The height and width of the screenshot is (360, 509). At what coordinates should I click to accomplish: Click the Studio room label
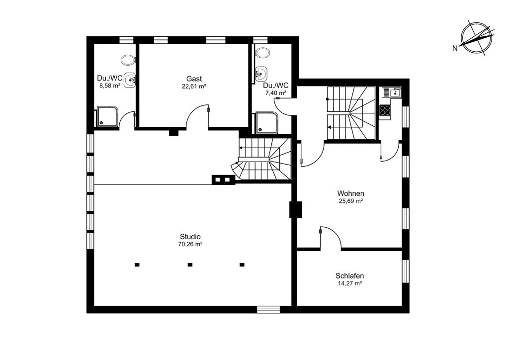click(x=190, y=237)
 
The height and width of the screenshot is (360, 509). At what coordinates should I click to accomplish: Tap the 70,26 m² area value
click(x=190, y=245)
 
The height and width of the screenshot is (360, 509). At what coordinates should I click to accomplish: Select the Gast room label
click(x=194, y=79)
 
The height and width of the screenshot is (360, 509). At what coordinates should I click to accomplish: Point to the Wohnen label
click(x=350, y=193)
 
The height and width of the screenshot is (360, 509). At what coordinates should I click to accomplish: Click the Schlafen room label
click(x=349, y=276)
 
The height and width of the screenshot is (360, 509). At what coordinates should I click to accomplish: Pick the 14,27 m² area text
click(x=349, y=283)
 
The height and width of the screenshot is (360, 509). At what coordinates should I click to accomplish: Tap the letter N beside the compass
click(x=455, y=48)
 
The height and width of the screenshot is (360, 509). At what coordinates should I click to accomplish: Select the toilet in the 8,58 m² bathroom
click(x=128, y=60)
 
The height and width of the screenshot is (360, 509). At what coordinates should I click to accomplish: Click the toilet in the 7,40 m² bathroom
click(x=262, y=52)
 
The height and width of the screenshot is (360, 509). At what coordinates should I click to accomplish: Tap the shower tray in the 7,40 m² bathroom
click(x=267, y=123)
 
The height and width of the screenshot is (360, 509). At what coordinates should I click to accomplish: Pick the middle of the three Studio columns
click(x=190, y=265)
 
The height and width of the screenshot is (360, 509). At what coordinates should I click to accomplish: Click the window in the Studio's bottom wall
click(x=268, y=309)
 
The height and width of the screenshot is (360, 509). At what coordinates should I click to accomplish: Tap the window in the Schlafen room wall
click(x=406, y=271)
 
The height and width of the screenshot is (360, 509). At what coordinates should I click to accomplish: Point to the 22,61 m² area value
click(x=194, y=87)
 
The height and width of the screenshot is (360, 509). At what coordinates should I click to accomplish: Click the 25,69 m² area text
click(x=350, y=201)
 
